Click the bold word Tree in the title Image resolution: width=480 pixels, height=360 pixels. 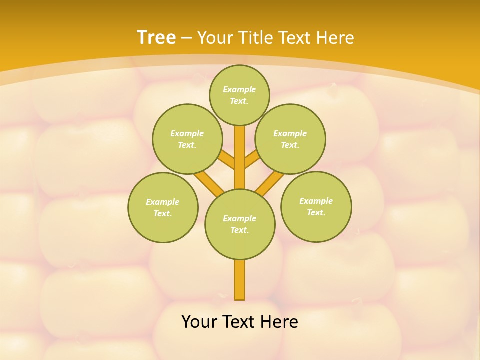(156, 38)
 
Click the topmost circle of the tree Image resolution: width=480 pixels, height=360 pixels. (239, 95)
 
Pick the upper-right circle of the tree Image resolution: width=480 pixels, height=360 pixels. (290, 139)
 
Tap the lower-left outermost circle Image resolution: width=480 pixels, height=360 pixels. (163, 207)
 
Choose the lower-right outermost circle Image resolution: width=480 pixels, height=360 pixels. (316, 206)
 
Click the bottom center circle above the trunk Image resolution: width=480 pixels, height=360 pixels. (240, 224)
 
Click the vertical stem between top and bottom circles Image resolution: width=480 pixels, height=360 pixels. (240, 157)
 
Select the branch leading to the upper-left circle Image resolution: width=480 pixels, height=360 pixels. (226, 161)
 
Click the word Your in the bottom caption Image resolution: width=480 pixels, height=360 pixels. (199, 322)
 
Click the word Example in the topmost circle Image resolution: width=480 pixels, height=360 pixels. (239, 89)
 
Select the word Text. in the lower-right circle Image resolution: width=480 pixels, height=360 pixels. (316, 212)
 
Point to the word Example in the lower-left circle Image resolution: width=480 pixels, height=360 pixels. (163, 202)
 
